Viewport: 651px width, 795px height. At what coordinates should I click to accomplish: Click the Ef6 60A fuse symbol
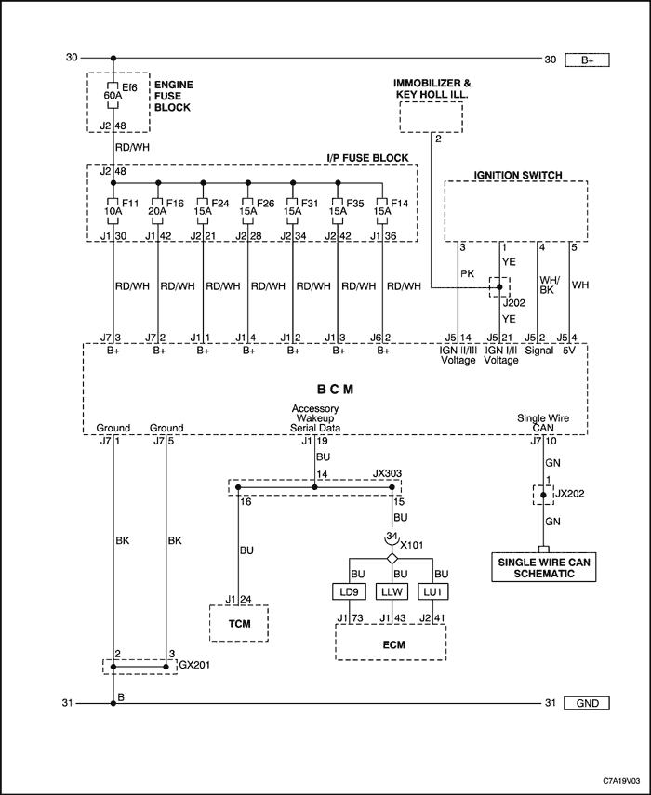(x=113, y=95)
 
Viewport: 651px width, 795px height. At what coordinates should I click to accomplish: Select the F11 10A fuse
(x=113, y=210)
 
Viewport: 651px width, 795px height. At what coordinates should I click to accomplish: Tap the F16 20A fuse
(x=158, y=210)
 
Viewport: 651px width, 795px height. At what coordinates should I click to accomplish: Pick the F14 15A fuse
(x=383, y=210)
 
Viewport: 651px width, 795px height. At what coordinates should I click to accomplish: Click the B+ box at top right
(x=587, y=60)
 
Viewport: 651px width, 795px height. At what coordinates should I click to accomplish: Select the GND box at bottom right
(x=587, y=703)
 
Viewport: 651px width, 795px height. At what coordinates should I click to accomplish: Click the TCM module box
(x=239, y=623)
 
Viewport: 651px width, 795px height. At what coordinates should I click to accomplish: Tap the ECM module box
(x=391, y=643)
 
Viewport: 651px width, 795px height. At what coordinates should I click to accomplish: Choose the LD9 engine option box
(x=349, y=591)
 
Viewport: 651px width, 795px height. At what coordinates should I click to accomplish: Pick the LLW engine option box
(x=392, y=591)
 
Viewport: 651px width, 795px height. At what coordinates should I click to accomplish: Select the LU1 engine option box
(x=433, y=591)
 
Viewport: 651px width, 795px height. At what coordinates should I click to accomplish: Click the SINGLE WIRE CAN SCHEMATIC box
(x=544, y=567)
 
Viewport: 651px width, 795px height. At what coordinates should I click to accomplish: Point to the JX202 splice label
(x=569, y=494)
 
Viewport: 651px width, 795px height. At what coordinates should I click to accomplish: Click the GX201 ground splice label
(x=194, y=665)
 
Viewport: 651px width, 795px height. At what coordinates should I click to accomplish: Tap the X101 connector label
(x=412, y=546)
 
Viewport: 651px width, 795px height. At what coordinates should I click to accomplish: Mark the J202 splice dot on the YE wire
(x=499, y=287)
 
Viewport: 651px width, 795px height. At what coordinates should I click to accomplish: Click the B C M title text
(x=335, y=390)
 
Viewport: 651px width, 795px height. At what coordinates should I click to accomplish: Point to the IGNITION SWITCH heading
(x=518, y=175)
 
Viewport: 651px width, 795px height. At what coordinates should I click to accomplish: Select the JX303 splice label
(x=388, y=473)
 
